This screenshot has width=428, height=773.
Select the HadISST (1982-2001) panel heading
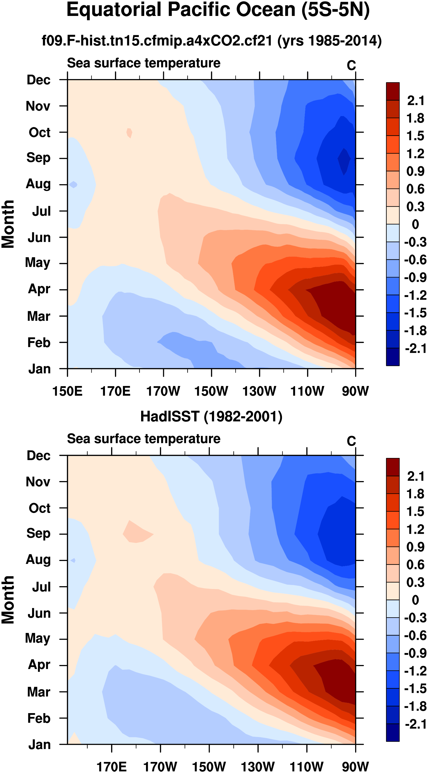coord(211,417)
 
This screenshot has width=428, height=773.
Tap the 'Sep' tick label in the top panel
coord(38,158)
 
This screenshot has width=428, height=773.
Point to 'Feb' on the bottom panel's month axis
coord(39,718)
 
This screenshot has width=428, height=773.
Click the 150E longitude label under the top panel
coord(67,391)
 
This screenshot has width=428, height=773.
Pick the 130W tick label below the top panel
coord(259,391)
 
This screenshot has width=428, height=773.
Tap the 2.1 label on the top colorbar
coord(415,100)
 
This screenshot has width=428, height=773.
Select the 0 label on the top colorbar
coord(415,224)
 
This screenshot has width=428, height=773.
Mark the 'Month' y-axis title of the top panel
coord(8,224)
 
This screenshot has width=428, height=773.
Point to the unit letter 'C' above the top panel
coord(351,66)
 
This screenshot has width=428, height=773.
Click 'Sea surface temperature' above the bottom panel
coord(144,439)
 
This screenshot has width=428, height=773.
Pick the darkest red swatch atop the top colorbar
coord(393,91)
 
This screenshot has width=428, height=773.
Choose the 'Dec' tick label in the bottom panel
coord(39,456)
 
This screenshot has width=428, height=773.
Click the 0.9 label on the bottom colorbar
coord(415,547)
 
